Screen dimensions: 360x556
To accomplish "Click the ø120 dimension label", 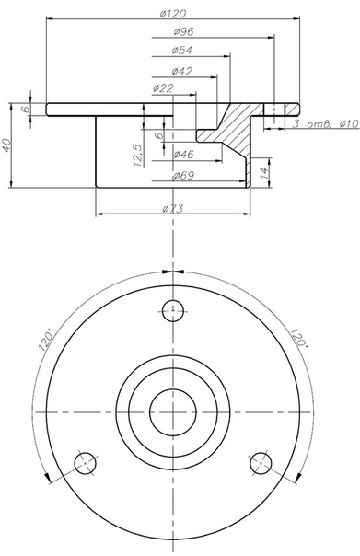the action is click(x=173, y=14).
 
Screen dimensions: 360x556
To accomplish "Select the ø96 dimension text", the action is click(x=184, y=32).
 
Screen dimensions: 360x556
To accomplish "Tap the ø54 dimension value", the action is click(x=182, y=51).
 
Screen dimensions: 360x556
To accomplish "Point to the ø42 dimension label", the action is click(x=182, y=72).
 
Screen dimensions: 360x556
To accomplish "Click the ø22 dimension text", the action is click(x=163, y=88).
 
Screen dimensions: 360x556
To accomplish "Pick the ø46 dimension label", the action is click(x=184, y=155).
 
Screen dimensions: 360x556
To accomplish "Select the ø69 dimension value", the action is click(x=184, y=176).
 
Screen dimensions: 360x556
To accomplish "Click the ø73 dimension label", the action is click(x=173, y=209).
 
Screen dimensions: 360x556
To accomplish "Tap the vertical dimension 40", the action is click(x=7, y=145).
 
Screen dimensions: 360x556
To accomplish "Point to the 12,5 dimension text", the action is click(x=139, y=155).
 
